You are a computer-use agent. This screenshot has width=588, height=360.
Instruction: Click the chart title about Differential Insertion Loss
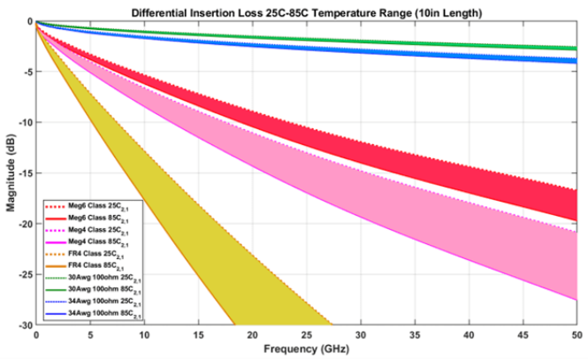pos(306,13)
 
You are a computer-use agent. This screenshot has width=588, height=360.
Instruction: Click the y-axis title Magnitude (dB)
pos(11,172)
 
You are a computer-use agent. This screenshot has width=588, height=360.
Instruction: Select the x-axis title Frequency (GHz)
pos(306,349)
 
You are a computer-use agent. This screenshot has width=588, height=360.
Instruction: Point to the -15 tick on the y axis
pos(25,173)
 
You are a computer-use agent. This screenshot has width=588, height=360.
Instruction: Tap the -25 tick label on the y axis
pos(25,274)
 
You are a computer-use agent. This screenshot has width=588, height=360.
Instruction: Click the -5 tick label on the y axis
pos(27,72)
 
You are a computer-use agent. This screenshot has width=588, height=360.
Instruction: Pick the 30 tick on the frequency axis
pos(360,335)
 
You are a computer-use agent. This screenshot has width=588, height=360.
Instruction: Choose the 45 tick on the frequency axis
pos(522,335)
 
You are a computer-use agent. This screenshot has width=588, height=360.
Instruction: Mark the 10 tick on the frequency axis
pos(143,335)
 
